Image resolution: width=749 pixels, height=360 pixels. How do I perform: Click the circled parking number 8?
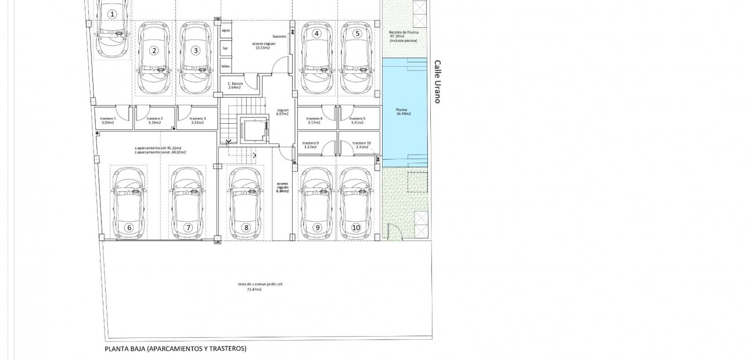click(246, 228)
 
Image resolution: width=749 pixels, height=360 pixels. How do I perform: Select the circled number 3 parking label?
click(196, 51)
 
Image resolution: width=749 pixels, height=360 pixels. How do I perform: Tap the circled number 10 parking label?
click(357, 228)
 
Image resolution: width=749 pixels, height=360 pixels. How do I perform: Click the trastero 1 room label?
click(108, 120)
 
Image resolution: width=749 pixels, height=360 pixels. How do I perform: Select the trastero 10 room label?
click(361, 145)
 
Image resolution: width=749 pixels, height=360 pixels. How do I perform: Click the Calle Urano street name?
click(438, 82)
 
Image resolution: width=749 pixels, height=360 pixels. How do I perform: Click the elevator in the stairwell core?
click(254, 129)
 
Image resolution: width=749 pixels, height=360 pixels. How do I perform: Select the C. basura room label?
click(235, 85)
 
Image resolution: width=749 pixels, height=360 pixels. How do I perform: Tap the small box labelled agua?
click(226, 30)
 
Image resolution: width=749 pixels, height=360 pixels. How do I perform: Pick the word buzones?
click(280, 36)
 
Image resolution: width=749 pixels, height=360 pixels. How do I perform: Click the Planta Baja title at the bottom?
click(175, 349)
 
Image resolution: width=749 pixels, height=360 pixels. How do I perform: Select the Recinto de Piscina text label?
click(404, 32)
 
